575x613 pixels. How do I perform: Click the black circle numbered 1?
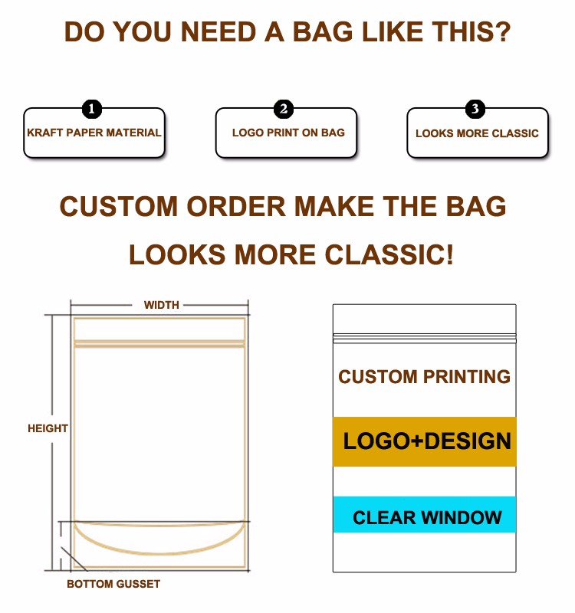pyautogui.click(x=91, y=109)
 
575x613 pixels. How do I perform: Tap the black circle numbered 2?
pyautogui.click(x=284, y=109)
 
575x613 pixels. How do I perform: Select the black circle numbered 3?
pyautogui.click(x=475, y=109)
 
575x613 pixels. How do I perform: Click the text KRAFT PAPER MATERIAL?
pyautogui.click(x=94, y=133)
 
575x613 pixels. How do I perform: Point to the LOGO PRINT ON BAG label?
pyautogui.click(x=288, y=133)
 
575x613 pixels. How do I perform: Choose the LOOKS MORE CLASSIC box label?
pyautogui.click(x=477, y=133)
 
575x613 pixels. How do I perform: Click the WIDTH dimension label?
pyautogui.click(x=161, y=305)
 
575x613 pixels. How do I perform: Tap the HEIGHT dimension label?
pyautogui.click(x=48, y=428)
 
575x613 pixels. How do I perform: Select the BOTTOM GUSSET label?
pyautogui.click(x=113, y=584)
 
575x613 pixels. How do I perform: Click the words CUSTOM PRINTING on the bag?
pyautogui.click(x=425, y=377)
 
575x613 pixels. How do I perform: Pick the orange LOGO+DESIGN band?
pyautogui.click(x=425, y=441)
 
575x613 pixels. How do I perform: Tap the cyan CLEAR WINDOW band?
pyautogui.click(x=425, y=514)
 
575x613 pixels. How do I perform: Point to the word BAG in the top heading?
pyautogui.click(x=323, y=31)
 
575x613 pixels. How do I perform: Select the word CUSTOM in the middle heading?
pyautogui.click(x=119, y=206)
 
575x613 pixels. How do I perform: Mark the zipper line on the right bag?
pyautogui.click(x=425, y=338)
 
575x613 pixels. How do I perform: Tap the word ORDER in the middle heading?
pyautogui.click(x=236, y=206)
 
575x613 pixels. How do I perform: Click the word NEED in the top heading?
pyautogui.click(x=219, y=31)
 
